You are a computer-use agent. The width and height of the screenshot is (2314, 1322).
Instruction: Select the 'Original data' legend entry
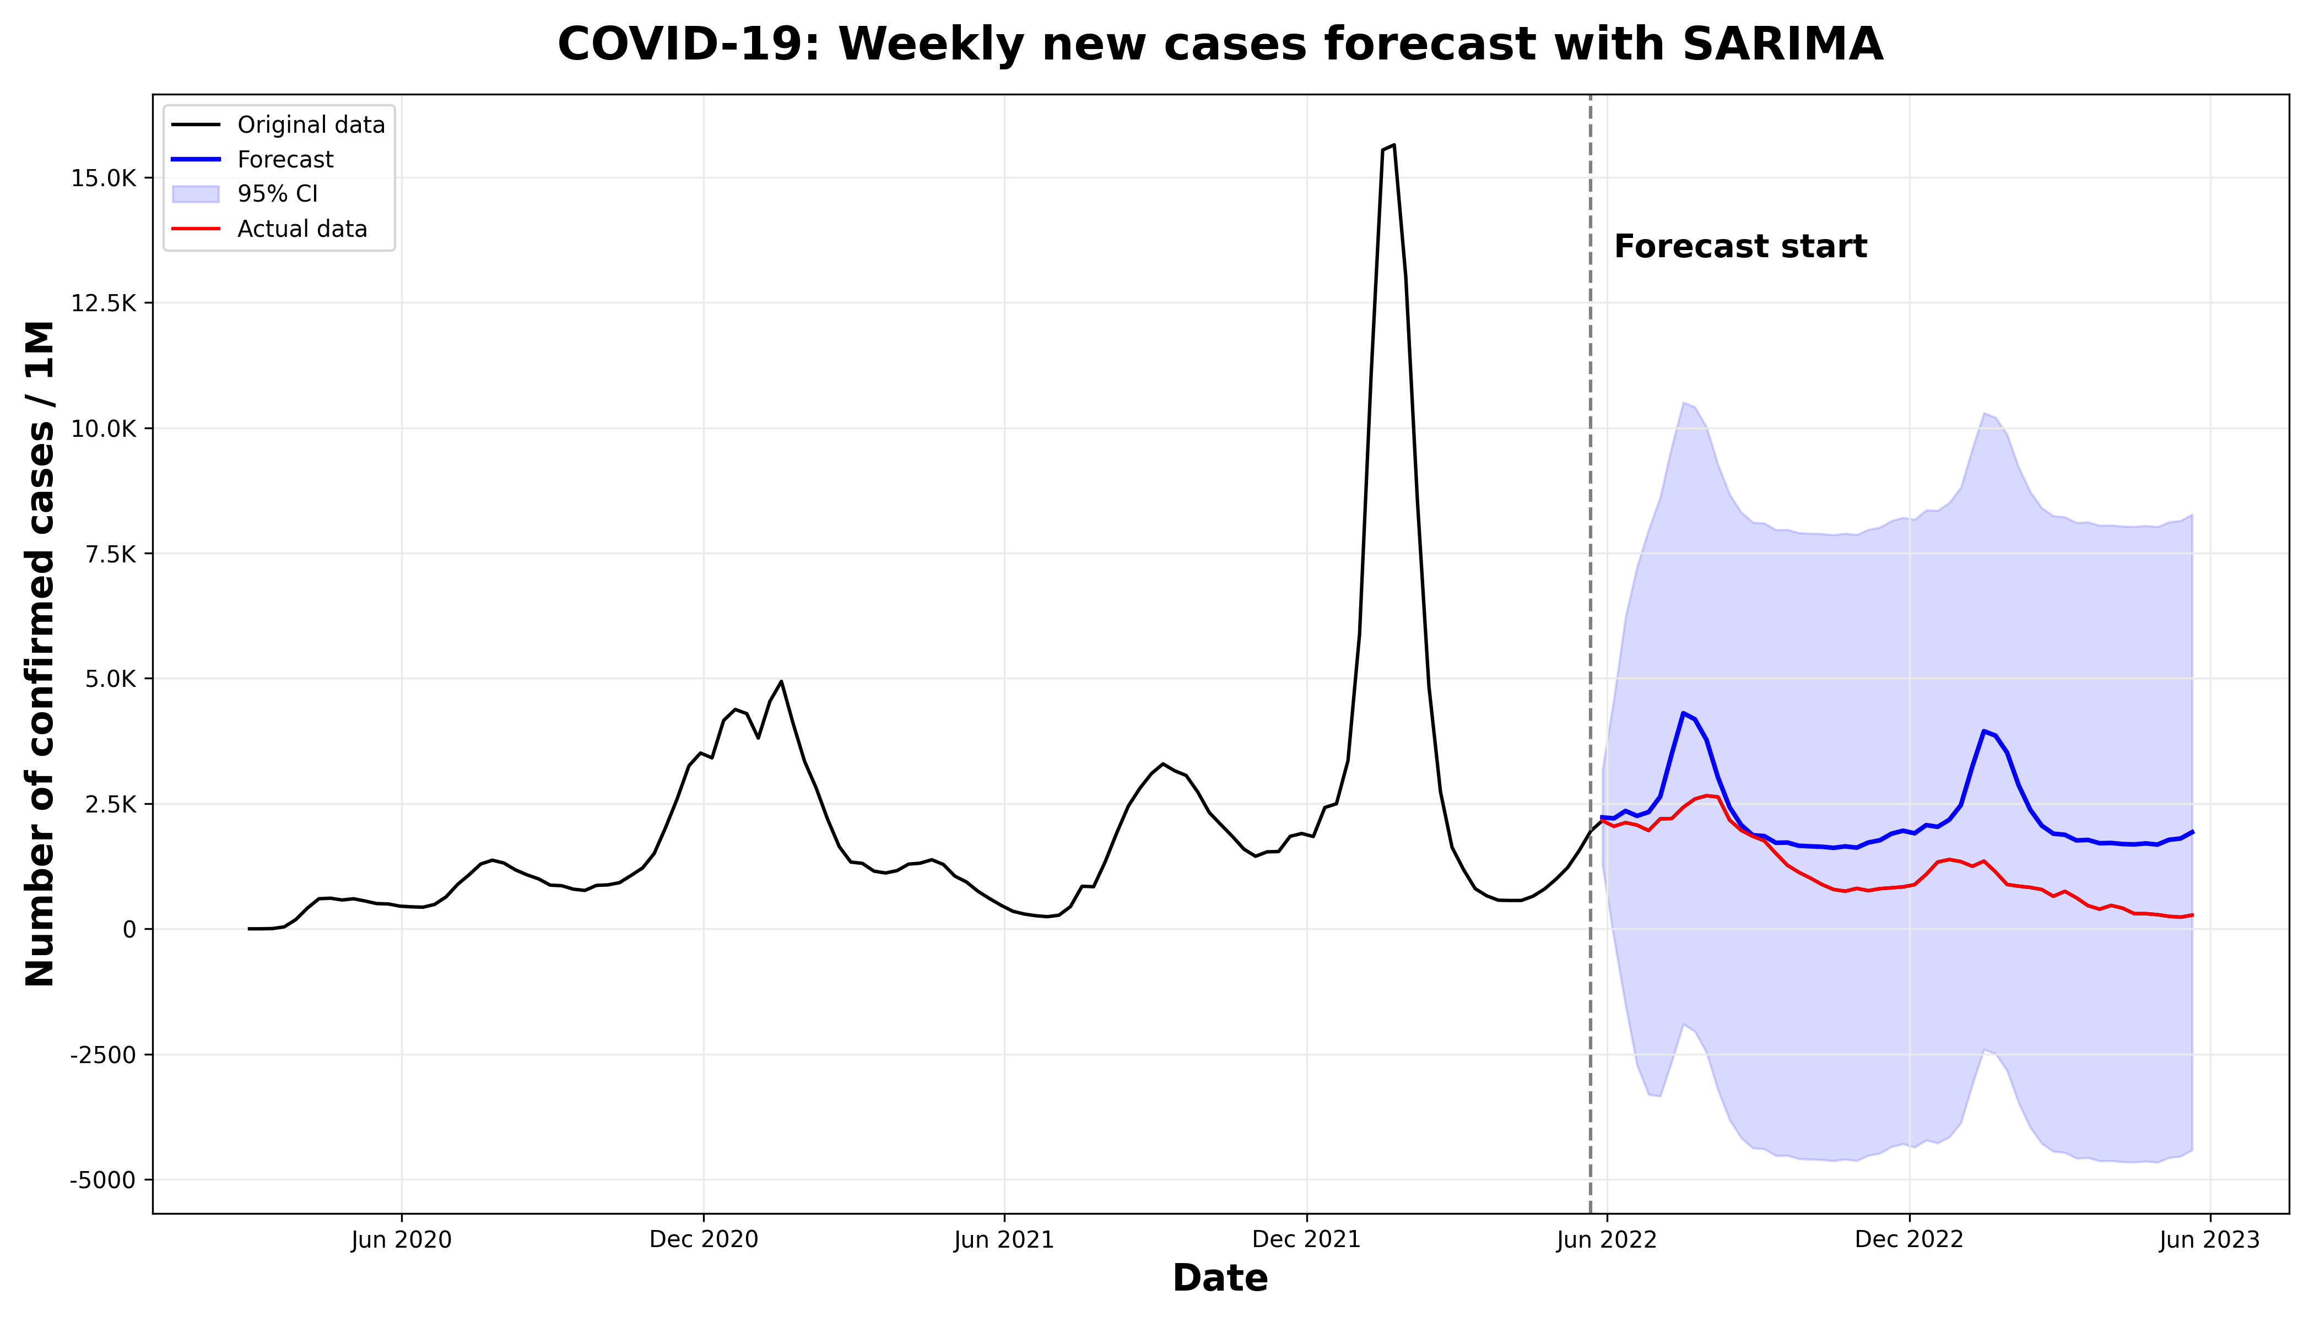[311, 124]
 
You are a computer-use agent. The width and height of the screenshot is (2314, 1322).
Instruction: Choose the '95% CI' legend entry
[277, 194]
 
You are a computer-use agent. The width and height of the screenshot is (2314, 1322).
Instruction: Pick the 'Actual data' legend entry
[301, 229]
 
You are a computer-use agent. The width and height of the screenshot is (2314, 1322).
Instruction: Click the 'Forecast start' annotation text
[1740, 247]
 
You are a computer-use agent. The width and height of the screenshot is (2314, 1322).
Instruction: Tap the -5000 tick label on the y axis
[102, 1180]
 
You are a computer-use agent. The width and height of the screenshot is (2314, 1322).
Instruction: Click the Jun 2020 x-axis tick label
[402, 1240]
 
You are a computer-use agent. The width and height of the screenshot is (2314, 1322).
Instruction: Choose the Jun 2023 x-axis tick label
[2209, 1240]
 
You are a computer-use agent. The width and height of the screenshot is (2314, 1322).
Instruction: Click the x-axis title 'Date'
[1220, 1278]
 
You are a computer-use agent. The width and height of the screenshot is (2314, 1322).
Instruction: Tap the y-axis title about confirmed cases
[41, 654]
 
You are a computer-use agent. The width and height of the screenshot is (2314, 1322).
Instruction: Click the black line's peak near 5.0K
[781, 681]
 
